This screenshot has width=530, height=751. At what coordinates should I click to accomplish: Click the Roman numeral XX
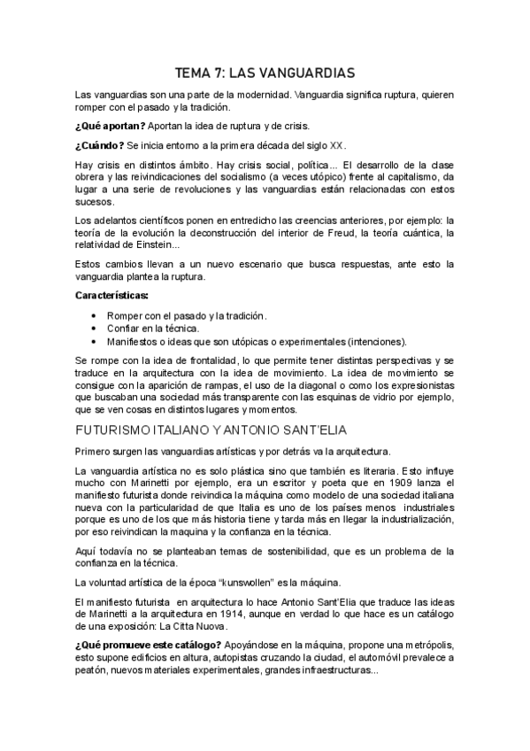click(336, 145)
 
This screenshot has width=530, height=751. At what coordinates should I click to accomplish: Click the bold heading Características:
click(112, 295)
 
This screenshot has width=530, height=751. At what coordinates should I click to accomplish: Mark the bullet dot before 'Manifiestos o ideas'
click(96, 341)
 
